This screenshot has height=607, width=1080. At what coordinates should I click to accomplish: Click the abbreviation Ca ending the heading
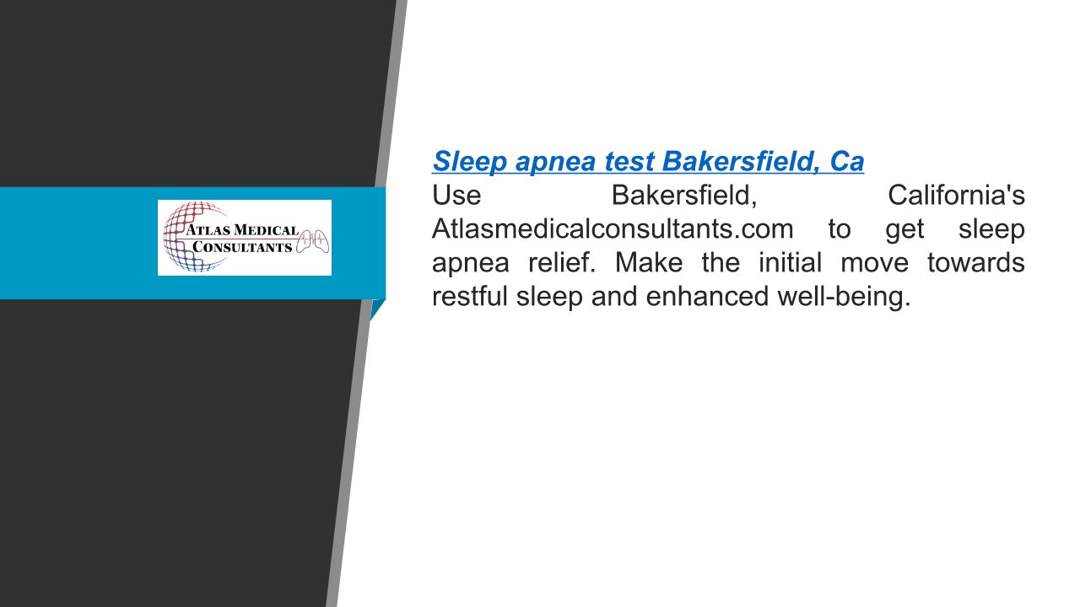[x=847, y=162]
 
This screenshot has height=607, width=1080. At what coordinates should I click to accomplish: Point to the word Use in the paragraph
[x=456, y=195]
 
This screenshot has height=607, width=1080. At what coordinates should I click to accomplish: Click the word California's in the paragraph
[x=957, y=195]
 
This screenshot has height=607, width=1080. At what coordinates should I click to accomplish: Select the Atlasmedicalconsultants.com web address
[x=613, y=228]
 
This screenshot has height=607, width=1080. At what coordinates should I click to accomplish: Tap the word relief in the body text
[x=562, y=262]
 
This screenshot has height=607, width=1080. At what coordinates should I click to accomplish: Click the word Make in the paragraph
[x=649, y=262]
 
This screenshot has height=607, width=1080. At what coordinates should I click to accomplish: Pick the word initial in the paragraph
[x=791, y=262]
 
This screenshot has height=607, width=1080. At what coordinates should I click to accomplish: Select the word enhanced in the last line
[x=707, y=296]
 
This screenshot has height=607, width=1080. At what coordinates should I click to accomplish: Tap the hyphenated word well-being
[x=845, y=297]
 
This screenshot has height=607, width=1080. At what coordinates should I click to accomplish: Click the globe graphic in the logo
[x=196, y=237]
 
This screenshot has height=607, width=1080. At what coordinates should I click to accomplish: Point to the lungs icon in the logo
[x=312, y=241]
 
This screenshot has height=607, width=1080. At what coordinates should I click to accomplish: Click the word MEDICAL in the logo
[x=266, y=230]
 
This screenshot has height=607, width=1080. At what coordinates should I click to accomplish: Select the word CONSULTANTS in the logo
[x=242, y=247]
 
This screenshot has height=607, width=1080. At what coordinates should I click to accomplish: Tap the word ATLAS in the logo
[x=208, y=230]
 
